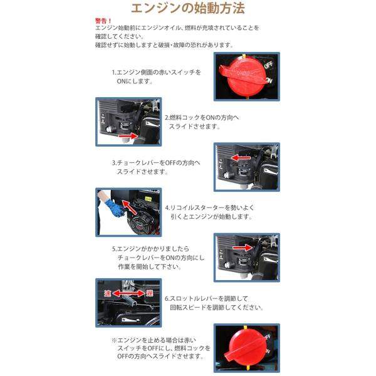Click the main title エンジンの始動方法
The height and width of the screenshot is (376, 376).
[188, 8]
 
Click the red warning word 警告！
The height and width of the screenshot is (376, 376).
[103, 21]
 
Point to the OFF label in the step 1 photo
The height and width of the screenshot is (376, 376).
[269, 65]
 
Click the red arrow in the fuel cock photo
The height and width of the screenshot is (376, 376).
[128, 137]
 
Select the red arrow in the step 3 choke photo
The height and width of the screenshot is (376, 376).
[241, 158]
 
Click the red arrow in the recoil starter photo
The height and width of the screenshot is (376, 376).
[130, 207]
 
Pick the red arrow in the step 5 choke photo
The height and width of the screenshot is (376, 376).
[242, 248]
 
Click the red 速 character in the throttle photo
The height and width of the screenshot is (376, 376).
[107, 293]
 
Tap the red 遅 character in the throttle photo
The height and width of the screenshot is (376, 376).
[149, 293]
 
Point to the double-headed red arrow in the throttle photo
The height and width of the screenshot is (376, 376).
[128, 293]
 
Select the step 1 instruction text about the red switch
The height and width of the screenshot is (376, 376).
[156, 76]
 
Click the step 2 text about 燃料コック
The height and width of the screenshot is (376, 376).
[202, 122]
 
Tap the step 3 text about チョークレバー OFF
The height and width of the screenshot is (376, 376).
[156, 167]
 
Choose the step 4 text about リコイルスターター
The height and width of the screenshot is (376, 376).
[209, 212]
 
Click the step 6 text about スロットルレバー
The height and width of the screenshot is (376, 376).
[214, 303]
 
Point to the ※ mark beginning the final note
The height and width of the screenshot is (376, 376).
[115, 340]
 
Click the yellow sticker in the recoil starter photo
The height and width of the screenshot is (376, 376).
[148, 199]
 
